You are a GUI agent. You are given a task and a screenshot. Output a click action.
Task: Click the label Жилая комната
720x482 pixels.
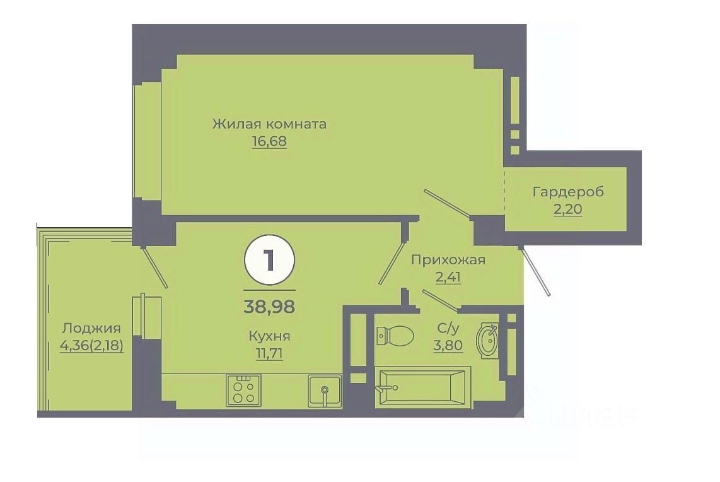(x=269, y=124)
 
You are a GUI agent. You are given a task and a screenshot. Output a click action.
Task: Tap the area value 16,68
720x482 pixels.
(x=269, y=141)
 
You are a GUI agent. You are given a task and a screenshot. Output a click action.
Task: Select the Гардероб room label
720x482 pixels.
(x=568, y=192)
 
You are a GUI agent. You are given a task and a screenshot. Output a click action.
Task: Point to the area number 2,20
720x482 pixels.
(x=568, y=209)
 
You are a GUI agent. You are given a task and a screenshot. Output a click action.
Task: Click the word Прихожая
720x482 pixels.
(x=448, y=259)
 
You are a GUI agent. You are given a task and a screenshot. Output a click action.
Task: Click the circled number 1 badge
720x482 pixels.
(x=269, y=260)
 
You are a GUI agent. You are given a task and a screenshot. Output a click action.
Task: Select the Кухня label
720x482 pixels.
(x=269, y=336)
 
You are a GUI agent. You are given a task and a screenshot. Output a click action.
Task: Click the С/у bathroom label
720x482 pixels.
(x=448, y=328)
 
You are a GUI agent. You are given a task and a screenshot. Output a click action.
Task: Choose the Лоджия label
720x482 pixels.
(x=91, y=328)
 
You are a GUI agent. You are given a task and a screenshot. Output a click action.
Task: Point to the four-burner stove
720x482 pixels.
(x=244, y=390)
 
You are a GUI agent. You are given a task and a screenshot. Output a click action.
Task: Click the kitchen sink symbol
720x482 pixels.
(x=324, y=391)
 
